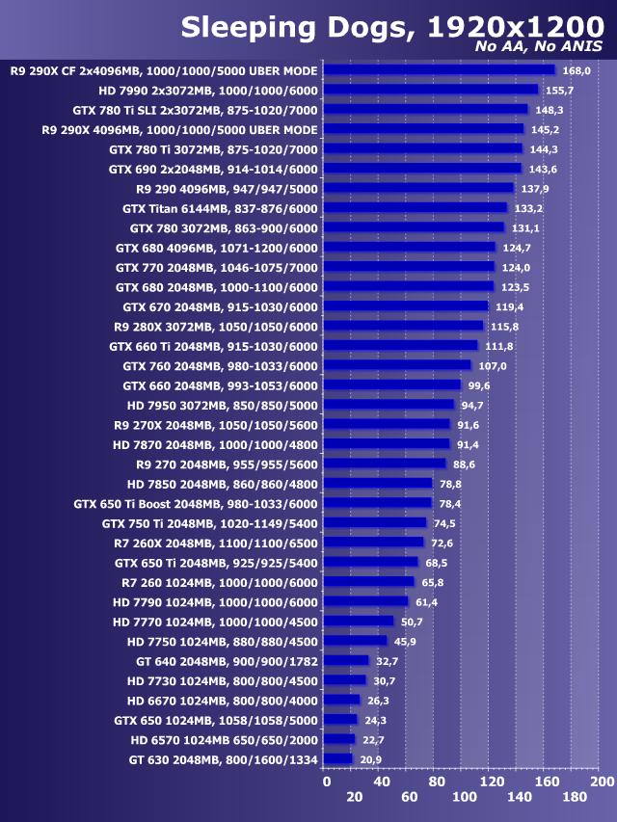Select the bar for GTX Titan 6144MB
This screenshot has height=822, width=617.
pyautogui.click(x=416, y=207)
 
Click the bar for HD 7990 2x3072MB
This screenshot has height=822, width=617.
pyautogui.click(x=431, y=89)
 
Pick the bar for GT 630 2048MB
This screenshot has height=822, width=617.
pyautogui.click(x=338, y=759)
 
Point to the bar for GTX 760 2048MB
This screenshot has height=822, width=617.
pyautogui.click(x=397, y=365)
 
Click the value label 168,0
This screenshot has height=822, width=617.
pyautogui.click(x=576, y=70)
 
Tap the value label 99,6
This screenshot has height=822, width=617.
pyautogui.click(x=480, y=385)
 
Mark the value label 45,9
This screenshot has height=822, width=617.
pyautogui.click(x=406, y=642)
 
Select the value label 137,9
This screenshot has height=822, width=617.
pyautogui.click(x=535, y=189)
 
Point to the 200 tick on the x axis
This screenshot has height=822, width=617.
pyautogui.click(x=601, y=780)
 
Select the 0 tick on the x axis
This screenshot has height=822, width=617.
pyautogui.click(x=326, y=780)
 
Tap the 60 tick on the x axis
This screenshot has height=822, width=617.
pyautogui.click(x=409, y=797)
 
